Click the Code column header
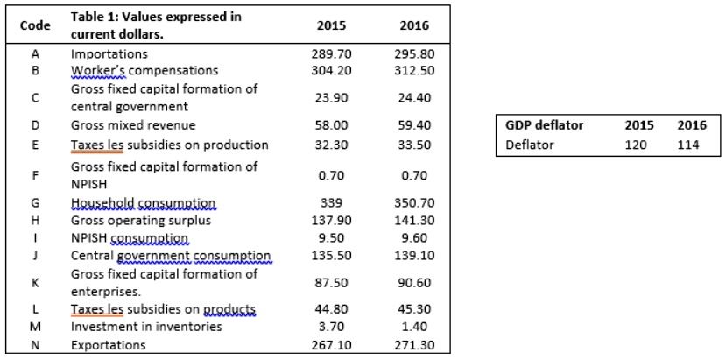pos(33,25)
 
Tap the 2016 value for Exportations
pos(413,345)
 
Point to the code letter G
pos(33,203)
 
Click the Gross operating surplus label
pos(128,221)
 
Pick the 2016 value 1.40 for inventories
pos(413,327)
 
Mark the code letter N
pos(33,345)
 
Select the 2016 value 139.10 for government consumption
pos(413,256)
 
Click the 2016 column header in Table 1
pos(413,25)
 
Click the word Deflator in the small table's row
pos(530,145)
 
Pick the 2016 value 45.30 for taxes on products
pos(413,309)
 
